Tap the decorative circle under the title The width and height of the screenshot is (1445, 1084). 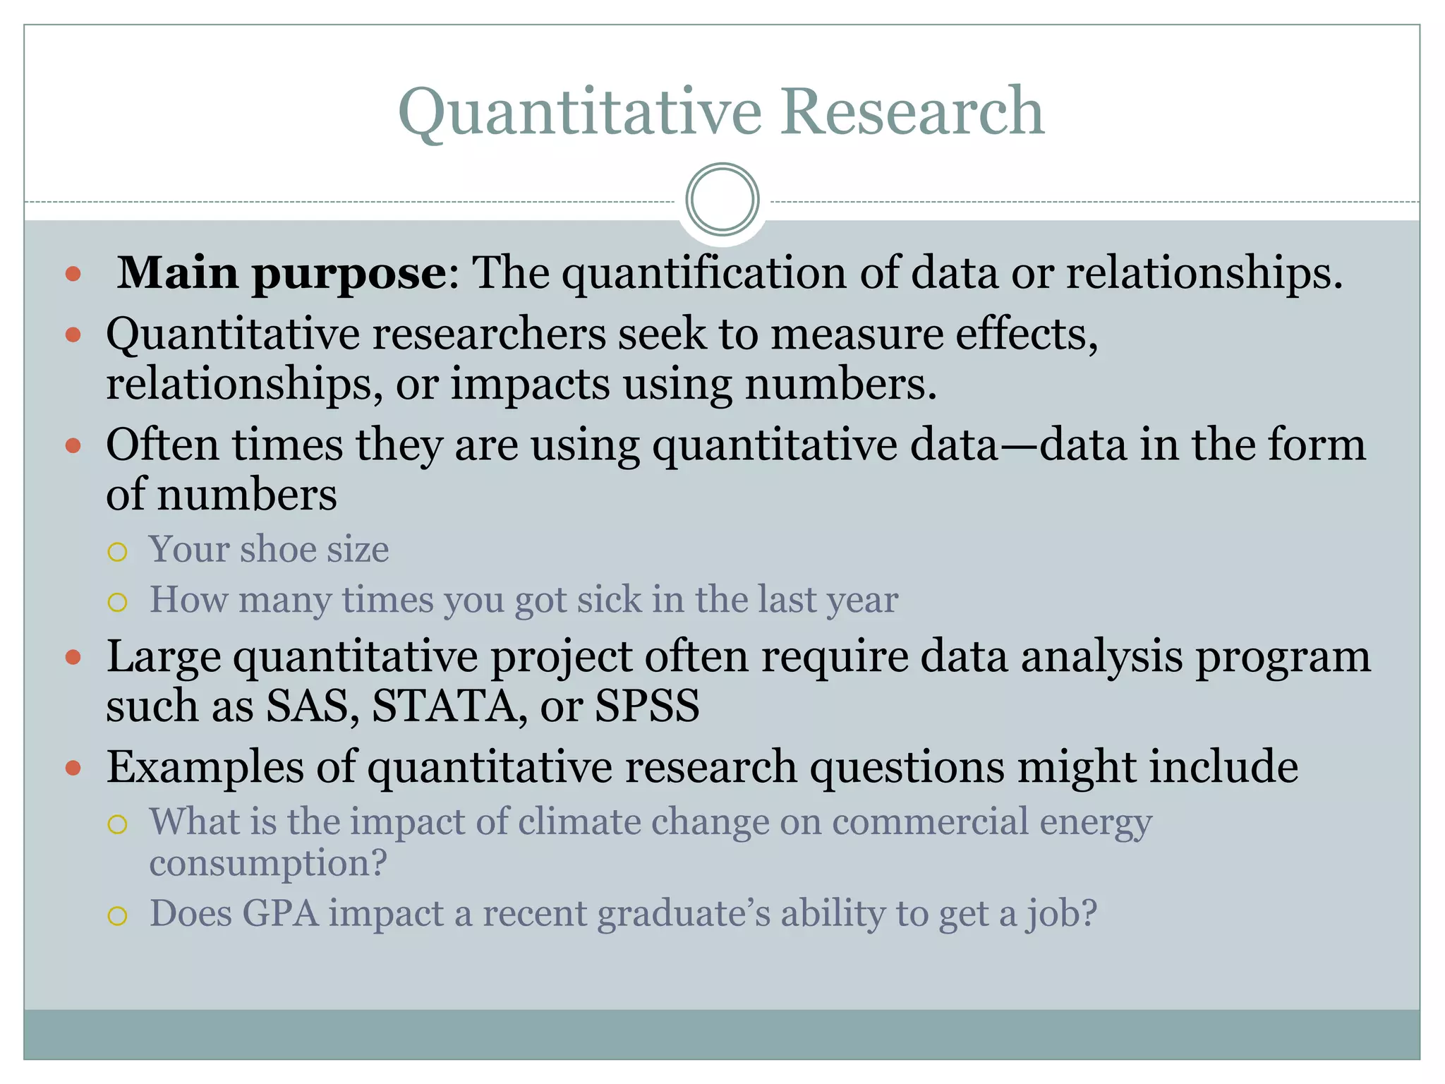[722, 200]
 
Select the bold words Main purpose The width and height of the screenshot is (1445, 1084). [282, 273]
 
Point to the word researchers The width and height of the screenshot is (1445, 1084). [489, 334]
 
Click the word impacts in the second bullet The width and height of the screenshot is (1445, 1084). [530, 385]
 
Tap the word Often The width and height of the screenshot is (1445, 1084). [162, 445]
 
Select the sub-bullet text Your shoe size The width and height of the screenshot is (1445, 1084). [269, 549]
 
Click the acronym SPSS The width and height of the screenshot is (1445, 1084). [647, 706]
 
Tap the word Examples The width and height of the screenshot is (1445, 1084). [205, 767]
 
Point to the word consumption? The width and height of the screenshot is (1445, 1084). [268, 863]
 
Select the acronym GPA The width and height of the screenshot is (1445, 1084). [280, 914]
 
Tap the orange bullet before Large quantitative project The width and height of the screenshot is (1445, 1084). [73, 658]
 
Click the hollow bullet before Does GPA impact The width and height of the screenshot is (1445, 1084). [117, 916]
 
